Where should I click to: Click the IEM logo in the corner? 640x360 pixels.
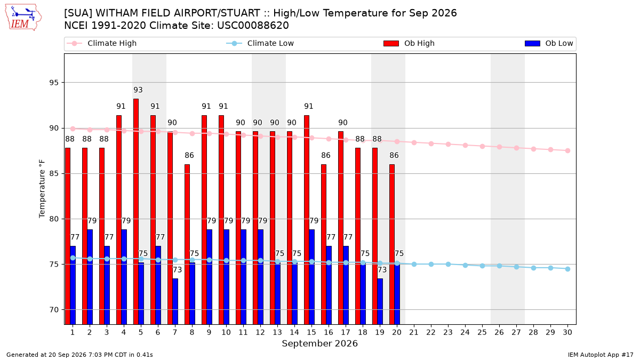(x=23, y=18)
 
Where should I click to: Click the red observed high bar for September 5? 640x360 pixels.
(x=136, y=211)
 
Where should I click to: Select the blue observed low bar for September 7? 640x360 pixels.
(x=175, y=301)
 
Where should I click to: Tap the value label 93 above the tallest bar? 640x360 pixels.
(x=138, y=90)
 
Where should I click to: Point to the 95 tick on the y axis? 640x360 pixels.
(x=54, y=83)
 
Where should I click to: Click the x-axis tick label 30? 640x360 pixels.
(x=567, y=332)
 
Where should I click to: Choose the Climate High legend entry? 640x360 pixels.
(x=102, y=43)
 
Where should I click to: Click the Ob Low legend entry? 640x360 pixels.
(x=549, y=43)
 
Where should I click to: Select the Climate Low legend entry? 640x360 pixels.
(x=260, y=43)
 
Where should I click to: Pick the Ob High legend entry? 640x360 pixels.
(x=409, y=43)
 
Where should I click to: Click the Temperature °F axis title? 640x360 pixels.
(x=42, y=189)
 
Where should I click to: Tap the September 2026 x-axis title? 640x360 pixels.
(x=319, y=343)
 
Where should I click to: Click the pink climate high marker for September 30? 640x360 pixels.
(x=567, y=150)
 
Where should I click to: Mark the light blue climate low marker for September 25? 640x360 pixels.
(x=482, y=266)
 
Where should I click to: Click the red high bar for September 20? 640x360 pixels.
(x=392, y=244)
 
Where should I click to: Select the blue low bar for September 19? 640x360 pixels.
(x=380, y=301)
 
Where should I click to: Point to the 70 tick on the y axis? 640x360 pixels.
(x=54, y=310)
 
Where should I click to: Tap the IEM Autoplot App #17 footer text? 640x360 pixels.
(x=601, y=355)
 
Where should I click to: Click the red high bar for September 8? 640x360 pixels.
(x=187, y=244)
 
